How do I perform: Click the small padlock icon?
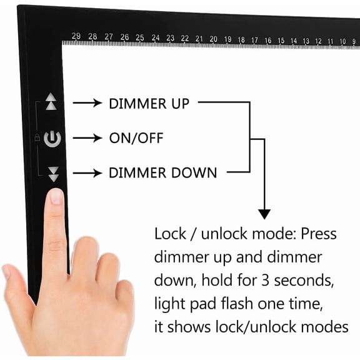pos(37,137)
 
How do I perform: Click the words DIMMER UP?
pos(149,104)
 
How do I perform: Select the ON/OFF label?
pos(136,138)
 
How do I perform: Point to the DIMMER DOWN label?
pos(162,172)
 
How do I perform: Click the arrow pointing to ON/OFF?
pos(87,138)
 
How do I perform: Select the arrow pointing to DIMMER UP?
pos(87,102)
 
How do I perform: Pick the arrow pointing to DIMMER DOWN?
pos(87,172)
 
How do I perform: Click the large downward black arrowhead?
pos(264,214)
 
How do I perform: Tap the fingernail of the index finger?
pos(56,196)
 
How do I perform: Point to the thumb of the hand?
pos(16,285)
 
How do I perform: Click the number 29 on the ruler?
pos(76,36)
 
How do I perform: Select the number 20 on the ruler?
pos(213,39)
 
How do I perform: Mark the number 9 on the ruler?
pos(354,41)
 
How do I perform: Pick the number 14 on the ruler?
pos(294,41)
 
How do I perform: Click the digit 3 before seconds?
pos(265,281)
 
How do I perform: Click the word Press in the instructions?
pos(319,234)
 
